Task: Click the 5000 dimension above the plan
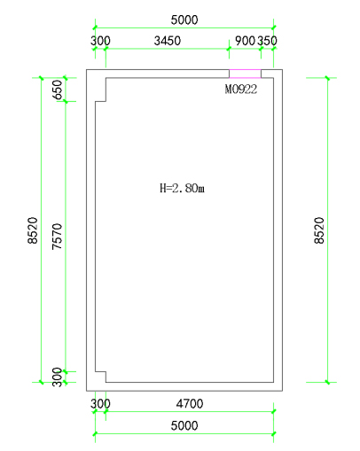pyautogui.click(x=184, y=20)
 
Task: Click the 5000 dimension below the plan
pyautogui.click(x=184, y=425)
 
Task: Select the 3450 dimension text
pyautogui.click(x=168, y=41)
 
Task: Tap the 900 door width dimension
pyautogui.click(x=245, y=41)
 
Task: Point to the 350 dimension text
pyautogui.click(x=267, y=41)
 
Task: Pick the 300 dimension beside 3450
pyautogui.click(x=100, y=41)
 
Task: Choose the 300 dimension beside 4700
pyautogui.click(x=100, y=403)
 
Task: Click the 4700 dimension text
pyautogui.click(x=190, y=403)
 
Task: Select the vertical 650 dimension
pyautogui.click(x=58, y=89)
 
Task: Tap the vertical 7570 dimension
pyautogui.click(x=58, y=237)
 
